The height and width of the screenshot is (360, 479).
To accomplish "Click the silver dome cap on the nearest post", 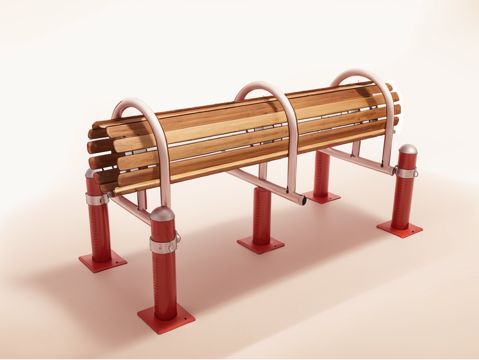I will coord(163,216).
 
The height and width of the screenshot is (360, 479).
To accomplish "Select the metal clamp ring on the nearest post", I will coord(164,242).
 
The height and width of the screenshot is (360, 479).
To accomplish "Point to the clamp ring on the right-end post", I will coord(406,172).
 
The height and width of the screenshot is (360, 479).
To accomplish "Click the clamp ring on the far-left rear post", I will coord(96,198).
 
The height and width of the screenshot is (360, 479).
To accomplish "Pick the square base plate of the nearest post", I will coord(166,319).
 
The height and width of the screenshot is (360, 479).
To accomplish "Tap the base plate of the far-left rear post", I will coord(103,262).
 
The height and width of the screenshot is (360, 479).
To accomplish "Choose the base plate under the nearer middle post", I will coord(261,243).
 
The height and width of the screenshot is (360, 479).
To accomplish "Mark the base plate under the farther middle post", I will coord(321,197).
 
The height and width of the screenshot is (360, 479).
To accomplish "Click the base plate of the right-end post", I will coord(400,229).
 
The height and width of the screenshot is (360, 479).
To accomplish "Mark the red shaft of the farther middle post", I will coord(321,174).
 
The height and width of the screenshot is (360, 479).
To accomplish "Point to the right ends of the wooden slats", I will coord(394,110).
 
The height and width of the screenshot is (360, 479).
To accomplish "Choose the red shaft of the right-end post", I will coord(403,200).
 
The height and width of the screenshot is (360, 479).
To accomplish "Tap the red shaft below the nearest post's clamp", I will coord(165,280).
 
